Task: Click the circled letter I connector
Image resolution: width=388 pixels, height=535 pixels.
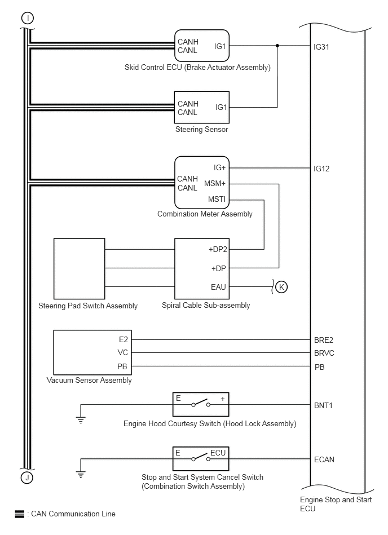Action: point(28,18)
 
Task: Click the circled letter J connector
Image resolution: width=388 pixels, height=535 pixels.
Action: point(27,477)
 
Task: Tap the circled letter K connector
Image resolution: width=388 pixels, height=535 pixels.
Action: point(281,287)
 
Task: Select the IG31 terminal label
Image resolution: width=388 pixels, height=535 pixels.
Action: point(321,47)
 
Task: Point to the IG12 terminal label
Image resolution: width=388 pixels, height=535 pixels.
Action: point(321,169)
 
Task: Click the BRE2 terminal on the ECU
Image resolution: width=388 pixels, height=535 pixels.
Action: point(324,340)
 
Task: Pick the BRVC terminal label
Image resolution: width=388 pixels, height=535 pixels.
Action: point(324,353)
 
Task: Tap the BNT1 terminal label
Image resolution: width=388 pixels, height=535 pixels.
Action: point(323,406)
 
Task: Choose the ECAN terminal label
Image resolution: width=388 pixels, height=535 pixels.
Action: point(324,459)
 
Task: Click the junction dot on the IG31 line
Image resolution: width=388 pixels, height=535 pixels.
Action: point(277,45)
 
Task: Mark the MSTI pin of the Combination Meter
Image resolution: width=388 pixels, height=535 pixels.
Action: point(217,199)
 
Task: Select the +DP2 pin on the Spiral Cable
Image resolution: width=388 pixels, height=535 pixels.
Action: point(218,249)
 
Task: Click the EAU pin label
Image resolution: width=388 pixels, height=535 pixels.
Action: point(218,287)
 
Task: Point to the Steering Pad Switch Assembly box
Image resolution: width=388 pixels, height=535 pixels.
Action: point(79,268)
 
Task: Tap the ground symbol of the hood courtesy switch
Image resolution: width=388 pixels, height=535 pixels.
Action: point(81,420)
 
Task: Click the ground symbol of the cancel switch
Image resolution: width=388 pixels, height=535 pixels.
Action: point(81,474)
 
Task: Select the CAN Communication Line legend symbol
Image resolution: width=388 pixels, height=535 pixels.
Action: point(19,514)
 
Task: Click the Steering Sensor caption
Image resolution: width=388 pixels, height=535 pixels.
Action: point(202,129)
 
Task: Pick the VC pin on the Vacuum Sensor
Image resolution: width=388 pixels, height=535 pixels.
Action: point(122,352)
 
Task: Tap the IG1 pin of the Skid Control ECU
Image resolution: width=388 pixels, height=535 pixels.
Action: point(220,46)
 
